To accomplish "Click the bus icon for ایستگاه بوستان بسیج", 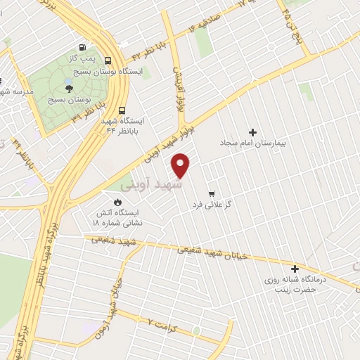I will [x=108, y=60].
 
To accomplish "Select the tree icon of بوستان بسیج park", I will [x=69, y=87].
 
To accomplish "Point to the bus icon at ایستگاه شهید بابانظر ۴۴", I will [x=122, y=110].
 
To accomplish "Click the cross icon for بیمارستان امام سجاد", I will [x=253, y=132].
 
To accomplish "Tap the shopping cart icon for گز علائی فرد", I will [x=211, y=193].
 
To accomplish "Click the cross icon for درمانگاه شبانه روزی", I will [x=295, y=269].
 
